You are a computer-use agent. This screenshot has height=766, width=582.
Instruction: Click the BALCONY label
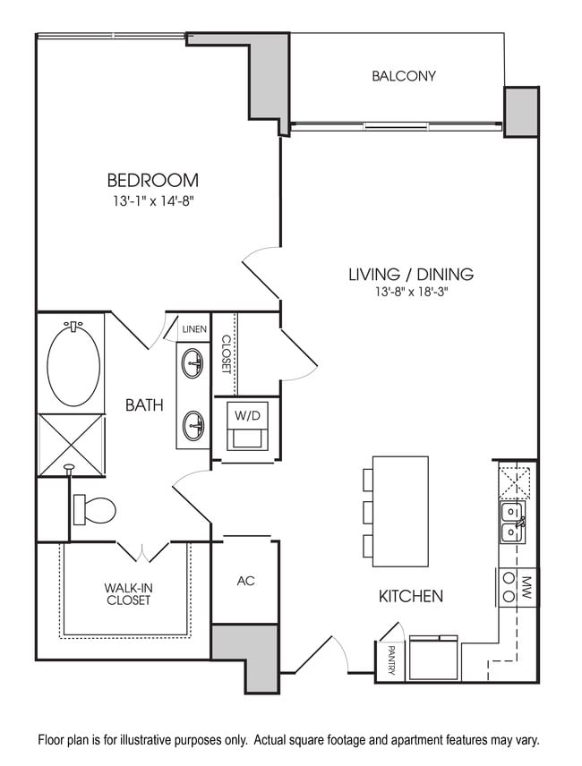coord(404,76)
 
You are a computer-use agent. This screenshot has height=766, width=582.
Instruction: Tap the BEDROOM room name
coord(152,180)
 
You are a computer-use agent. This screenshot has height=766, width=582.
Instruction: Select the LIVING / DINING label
coord(410,275)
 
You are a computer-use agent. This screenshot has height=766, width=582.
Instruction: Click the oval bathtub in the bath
coord(73,365)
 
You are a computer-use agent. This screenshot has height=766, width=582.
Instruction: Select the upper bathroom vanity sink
coord(193,362)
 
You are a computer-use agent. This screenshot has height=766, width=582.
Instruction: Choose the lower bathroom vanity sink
coord(193,424)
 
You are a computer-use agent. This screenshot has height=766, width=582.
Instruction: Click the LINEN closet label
coord(194,329)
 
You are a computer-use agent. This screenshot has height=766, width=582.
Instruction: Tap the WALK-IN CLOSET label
coord(127,593)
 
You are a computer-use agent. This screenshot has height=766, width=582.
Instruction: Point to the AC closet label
coord(246,581)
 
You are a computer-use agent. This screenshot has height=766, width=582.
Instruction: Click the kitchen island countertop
coord(400,511)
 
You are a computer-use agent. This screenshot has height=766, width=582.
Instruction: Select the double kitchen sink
coord(512,522)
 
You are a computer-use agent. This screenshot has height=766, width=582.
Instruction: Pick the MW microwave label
coord(527,587)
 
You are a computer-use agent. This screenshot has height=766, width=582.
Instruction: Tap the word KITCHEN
coord(410,596)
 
